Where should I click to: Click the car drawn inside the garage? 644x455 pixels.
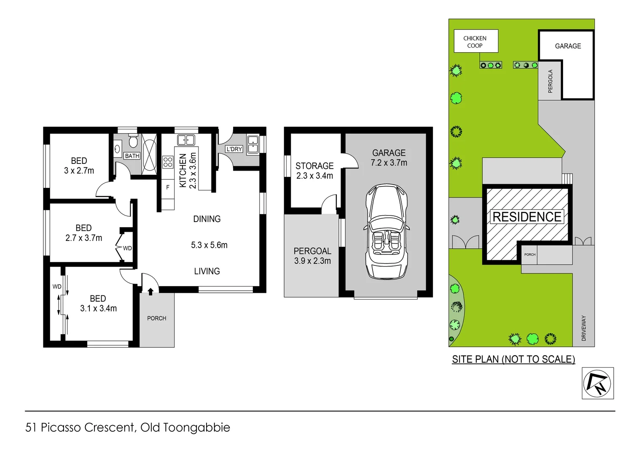386,232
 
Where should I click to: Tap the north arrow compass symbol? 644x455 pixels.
598,383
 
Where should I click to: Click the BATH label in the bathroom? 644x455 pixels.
132,156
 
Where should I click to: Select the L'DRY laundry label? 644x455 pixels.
234,149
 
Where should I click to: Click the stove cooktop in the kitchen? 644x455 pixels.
168,162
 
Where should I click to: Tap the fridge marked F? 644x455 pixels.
168,187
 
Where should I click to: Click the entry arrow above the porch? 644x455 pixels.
150,291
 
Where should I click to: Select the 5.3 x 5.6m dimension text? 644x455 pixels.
209,245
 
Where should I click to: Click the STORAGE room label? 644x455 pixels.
314,166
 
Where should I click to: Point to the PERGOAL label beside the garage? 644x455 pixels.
312,251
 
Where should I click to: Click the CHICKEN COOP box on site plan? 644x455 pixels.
475,41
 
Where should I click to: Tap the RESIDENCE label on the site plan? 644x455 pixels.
527,217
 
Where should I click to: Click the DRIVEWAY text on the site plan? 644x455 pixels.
584,328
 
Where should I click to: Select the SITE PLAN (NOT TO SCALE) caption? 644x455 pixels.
513,359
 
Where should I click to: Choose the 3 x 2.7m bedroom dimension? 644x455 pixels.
79,171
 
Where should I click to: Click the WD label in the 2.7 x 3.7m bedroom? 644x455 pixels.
127,248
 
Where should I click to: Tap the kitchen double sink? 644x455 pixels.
186,140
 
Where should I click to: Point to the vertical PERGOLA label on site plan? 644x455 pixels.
550,81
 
